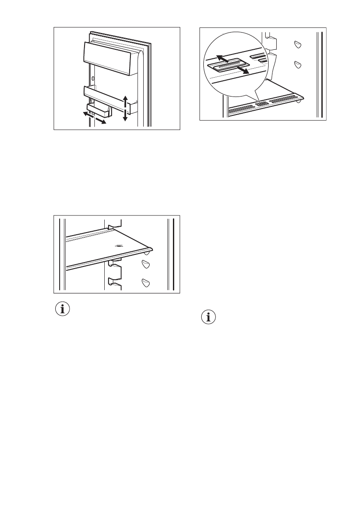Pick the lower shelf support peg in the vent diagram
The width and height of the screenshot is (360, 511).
(x=296, y=64)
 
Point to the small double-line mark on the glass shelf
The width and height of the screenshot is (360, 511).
(x=119, y=246)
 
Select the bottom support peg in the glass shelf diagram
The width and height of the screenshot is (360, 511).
(x=146, y=282)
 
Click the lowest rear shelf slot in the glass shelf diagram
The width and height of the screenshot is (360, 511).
(x=114, y=281)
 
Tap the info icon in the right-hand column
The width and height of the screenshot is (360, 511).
(x=208, y=318)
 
